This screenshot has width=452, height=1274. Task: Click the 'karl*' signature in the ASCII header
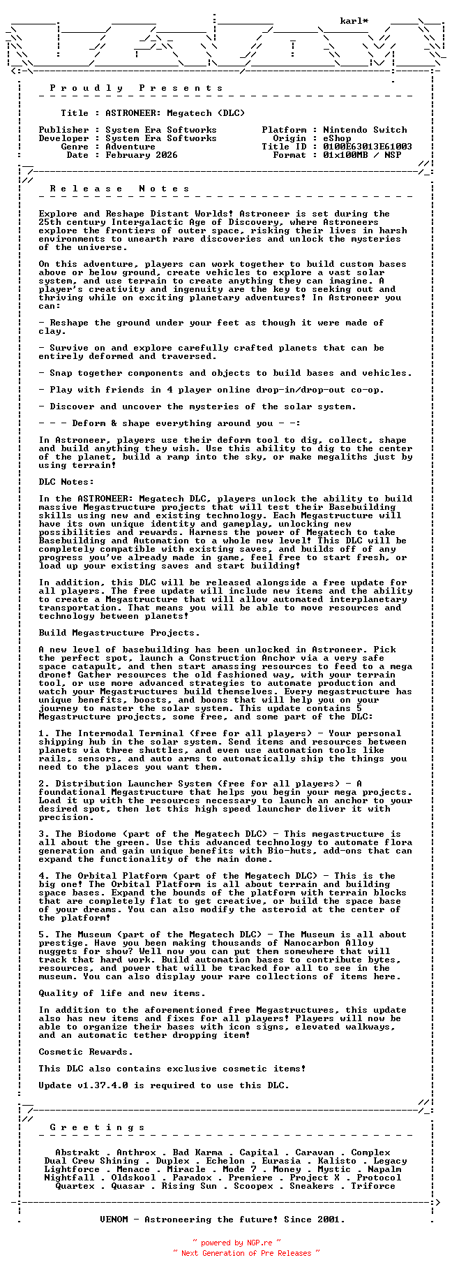click(354, 22)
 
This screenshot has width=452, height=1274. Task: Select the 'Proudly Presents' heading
click(136, 88)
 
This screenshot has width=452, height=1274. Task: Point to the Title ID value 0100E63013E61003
click(368, 147)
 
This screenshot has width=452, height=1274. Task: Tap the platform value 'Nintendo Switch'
click(365, 130)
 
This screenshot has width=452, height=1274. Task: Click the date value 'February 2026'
click(142, 155)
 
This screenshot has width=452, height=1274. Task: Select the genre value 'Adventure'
click(130, 147)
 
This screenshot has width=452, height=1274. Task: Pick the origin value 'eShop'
click(337, 138)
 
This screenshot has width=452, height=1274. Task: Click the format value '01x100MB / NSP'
click(362, 155)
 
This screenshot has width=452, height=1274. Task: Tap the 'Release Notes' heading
click(119, 189)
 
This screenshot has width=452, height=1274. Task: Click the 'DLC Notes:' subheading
click(66, 482)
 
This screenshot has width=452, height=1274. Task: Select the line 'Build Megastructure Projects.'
click(119, 633)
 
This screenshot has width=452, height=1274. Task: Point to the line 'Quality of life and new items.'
click(122, 993)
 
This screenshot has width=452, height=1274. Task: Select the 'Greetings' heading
click(97, 1127)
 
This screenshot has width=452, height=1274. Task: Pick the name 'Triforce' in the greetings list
click(373, 1186)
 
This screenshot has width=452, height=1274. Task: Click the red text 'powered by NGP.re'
click(236, 1243)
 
